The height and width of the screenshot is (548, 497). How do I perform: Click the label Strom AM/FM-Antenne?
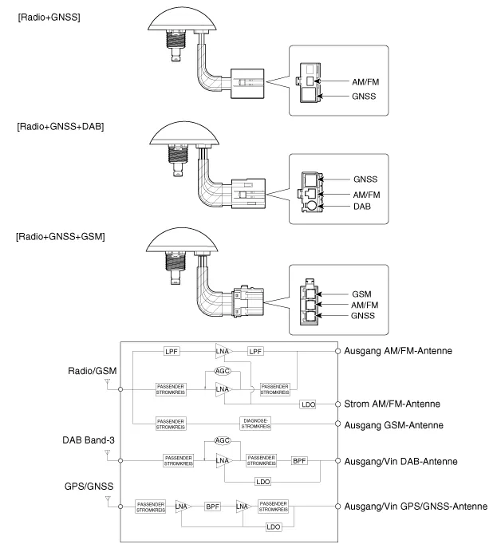402,404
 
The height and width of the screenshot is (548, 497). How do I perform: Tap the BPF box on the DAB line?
300,461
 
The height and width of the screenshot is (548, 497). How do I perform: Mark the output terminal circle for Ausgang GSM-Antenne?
338,424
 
